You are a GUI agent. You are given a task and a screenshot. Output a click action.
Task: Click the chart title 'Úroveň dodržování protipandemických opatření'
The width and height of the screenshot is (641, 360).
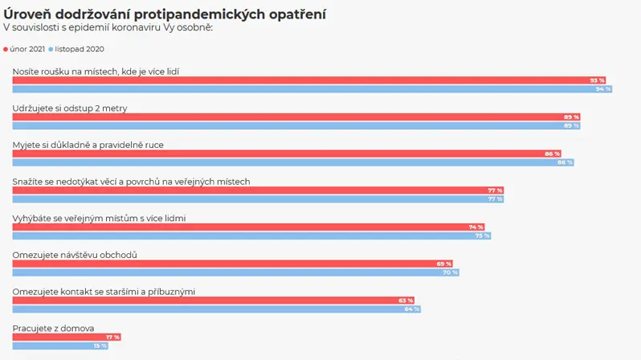(165, 14)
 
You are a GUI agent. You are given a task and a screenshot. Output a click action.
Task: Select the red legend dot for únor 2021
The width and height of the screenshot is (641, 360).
(6, 50)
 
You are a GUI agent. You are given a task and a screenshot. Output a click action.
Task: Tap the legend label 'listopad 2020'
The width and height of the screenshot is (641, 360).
(80, 49)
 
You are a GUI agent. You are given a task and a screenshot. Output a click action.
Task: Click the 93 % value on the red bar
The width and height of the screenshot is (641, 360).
(597, 80)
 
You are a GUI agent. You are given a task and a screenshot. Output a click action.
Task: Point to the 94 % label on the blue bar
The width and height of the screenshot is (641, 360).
(603, 88)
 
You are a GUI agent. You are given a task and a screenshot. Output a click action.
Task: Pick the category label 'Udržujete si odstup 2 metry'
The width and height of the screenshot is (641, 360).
(70, 108)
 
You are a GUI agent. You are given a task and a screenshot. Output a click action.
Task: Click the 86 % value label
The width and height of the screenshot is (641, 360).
(552, 153)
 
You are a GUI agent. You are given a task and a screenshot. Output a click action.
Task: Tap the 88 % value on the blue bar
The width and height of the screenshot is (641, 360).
(565, 162)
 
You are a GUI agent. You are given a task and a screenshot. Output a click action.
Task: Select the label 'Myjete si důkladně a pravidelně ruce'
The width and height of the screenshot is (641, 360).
(88, 145)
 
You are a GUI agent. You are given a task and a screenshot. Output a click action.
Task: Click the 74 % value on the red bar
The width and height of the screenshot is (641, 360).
(476, 227)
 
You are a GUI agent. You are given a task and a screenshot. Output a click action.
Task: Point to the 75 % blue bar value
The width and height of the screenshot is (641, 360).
(483, 235)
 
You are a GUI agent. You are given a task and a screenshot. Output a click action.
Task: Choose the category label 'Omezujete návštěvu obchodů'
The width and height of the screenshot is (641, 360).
(75, 255)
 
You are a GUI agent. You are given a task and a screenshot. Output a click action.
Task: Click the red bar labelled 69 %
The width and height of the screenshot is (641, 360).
(233, 264)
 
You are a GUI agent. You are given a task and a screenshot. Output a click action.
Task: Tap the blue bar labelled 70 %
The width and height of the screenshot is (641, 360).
(236, 272)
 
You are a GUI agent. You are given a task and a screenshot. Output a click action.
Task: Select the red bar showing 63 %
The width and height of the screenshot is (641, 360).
(214, 301)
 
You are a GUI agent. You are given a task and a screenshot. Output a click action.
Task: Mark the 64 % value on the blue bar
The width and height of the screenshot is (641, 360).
(412, 309)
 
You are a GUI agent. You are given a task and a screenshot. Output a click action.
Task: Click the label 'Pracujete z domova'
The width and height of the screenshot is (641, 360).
(53, 328)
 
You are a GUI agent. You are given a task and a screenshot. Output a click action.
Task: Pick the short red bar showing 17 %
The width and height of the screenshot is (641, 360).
(67, 337)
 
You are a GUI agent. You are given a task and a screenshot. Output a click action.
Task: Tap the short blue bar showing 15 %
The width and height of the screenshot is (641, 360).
(60, 346)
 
